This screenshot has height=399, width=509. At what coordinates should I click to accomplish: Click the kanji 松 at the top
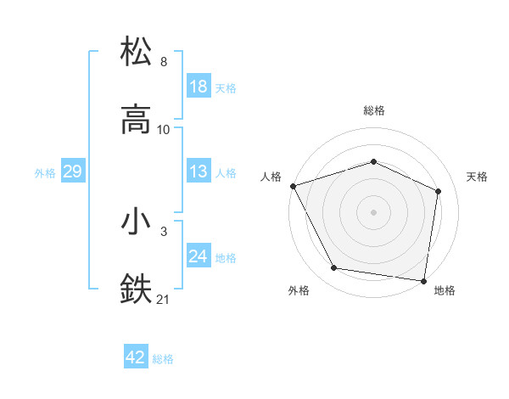[137, 52]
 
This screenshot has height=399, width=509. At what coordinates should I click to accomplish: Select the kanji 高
[137, 120]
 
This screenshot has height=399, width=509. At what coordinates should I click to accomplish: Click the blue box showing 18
[198, 87]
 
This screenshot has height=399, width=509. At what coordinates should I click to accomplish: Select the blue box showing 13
[198, 172]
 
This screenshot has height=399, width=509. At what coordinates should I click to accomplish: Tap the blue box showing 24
[198, 257]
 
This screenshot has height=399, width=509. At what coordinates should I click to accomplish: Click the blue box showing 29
[72, 172]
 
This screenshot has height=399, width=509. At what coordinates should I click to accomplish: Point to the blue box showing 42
[136, 358]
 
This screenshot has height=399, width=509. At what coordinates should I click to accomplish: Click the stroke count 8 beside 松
[164, 62]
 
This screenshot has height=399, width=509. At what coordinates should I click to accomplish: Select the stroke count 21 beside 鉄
[164, 300]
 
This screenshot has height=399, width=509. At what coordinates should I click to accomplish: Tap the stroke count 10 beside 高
[164, 130]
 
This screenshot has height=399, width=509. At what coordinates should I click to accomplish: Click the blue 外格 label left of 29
[45, 173]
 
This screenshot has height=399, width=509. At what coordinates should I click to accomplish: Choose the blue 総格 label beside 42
[163, 359]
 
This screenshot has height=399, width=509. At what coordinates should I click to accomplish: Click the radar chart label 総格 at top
[374, 110]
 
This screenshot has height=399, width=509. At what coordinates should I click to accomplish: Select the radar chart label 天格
[478, 177]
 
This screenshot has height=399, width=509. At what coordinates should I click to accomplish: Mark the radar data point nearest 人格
[293, 186]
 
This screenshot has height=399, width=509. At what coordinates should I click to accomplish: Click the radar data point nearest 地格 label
[423, 280]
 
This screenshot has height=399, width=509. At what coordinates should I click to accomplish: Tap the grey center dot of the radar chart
[374, 212]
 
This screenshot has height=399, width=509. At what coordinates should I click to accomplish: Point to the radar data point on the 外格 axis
[333, 269]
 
